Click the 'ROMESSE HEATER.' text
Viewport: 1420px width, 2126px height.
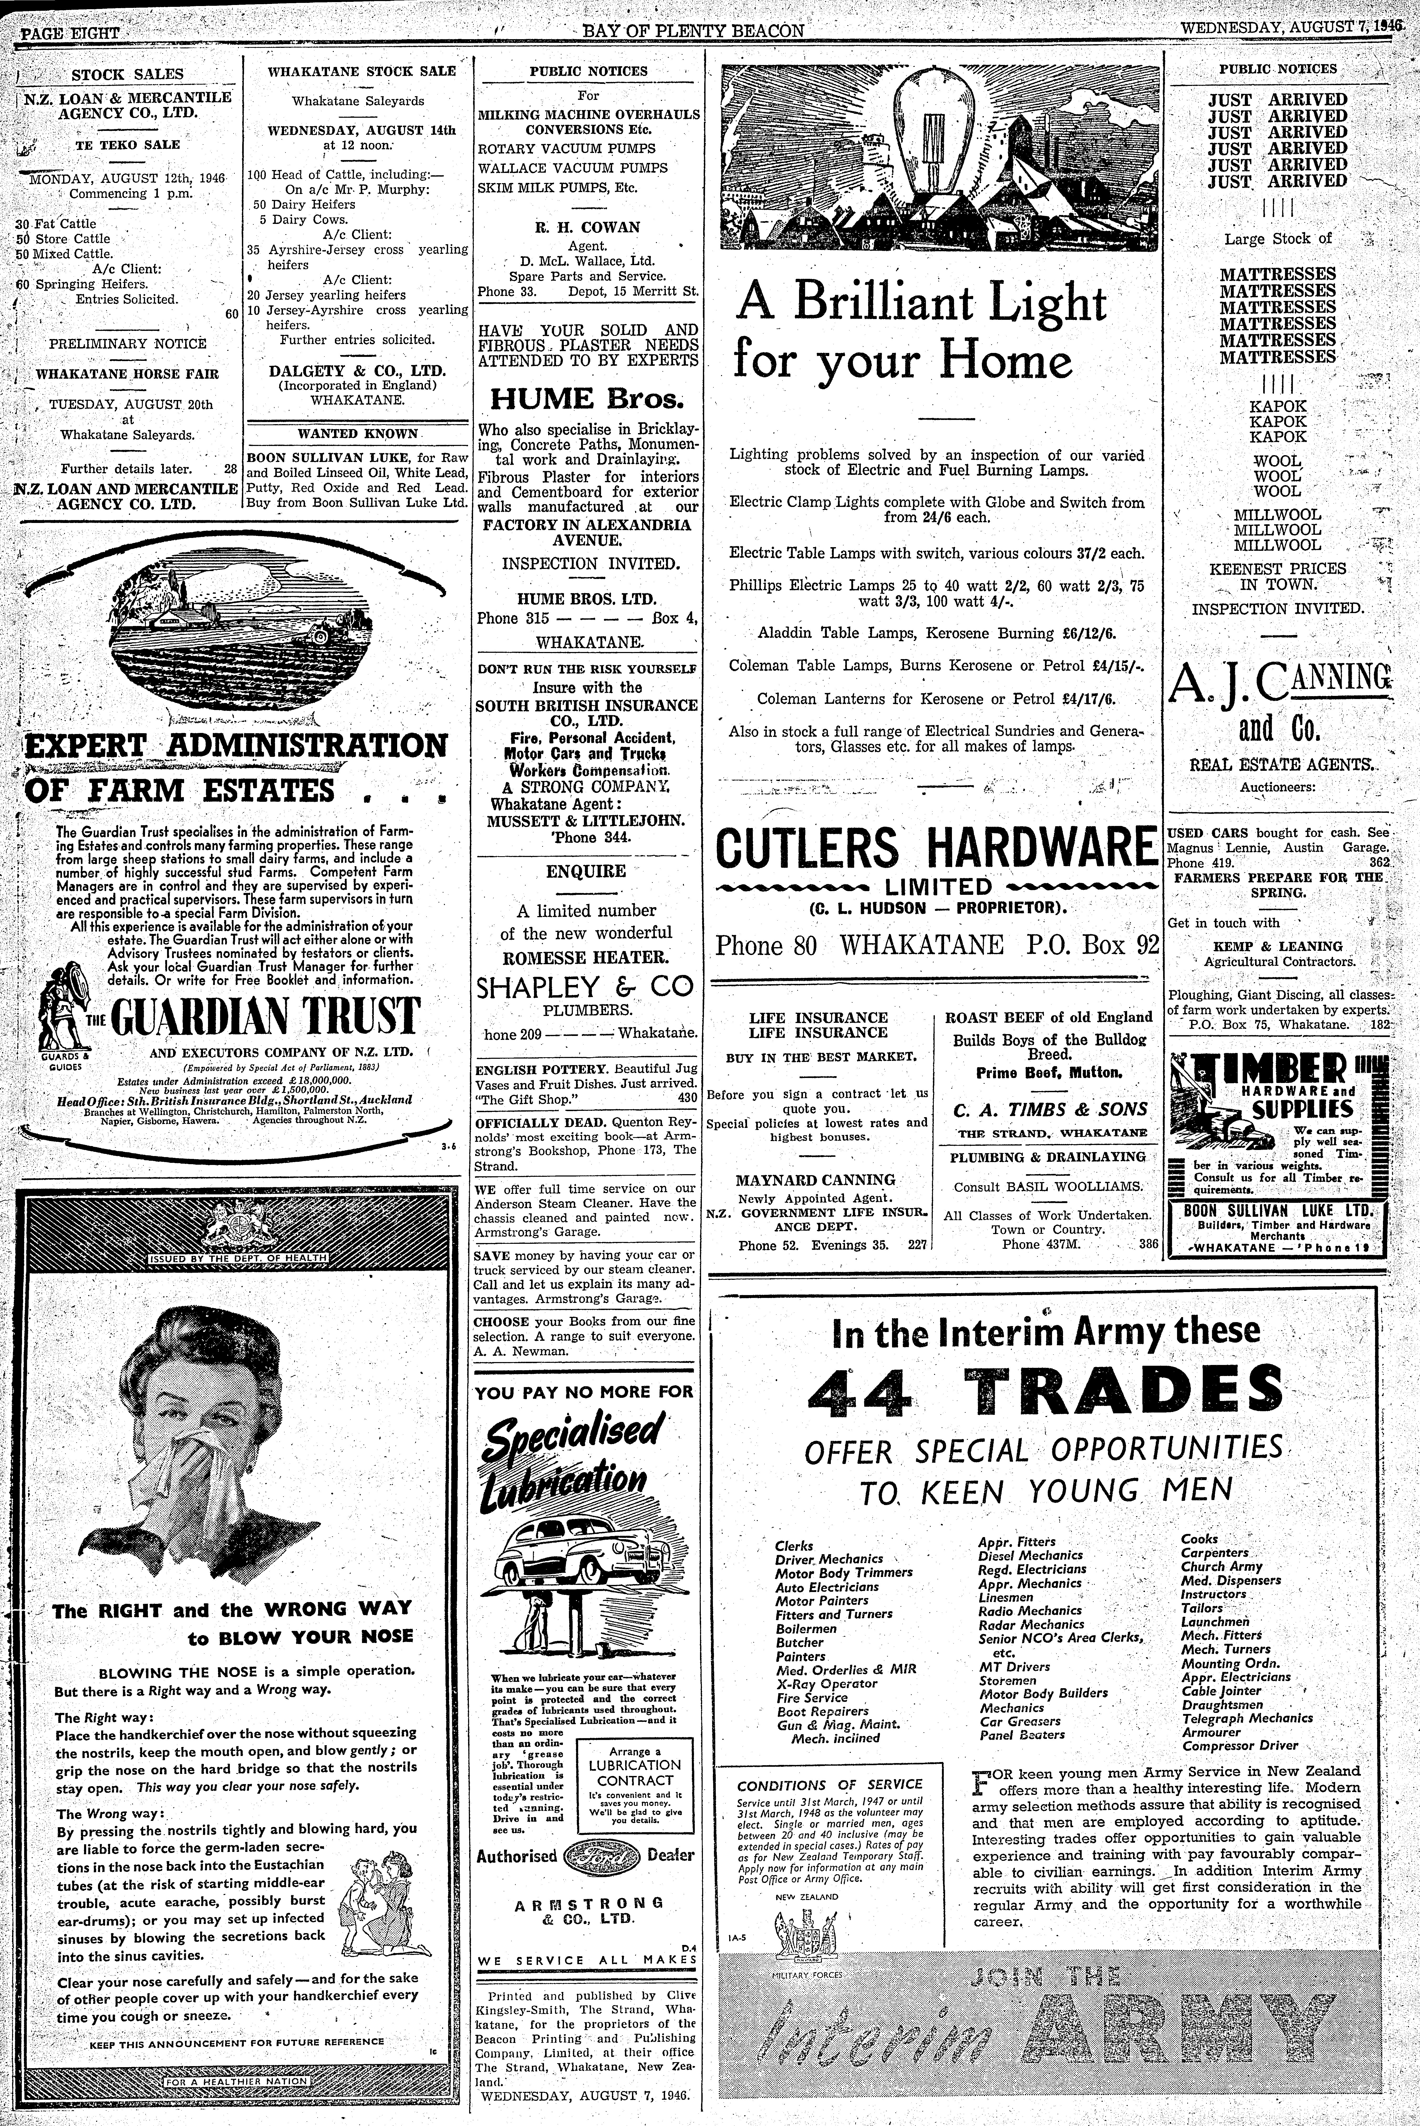click(587, 957)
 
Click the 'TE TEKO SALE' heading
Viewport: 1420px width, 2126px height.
click(127, 144)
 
